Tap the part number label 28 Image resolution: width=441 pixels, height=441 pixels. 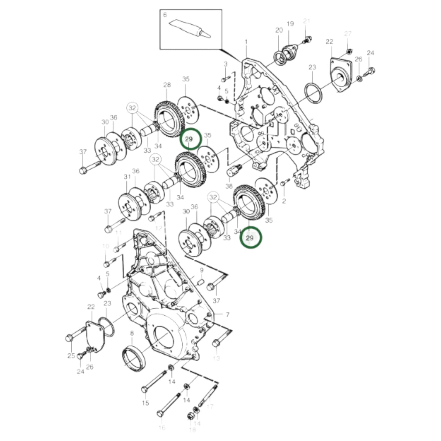[167, 85]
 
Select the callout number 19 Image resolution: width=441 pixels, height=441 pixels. [290, 23]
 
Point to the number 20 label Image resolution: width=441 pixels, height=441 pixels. [279, 30]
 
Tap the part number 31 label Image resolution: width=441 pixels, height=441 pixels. [127, 177]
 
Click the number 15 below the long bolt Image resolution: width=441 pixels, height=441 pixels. [145, 403]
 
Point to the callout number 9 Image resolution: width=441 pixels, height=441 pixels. [201, 270]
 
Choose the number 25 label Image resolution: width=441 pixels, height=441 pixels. [71, 356]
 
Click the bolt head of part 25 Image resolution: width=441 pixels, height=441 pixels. [69, 338]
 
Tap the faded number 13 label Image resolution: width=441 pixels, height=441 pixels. [216, 358]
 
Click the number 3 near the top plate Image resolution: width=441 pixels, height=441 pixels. [226, 64]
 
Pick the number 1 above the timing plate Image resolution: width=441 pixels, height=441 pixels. [246, 42]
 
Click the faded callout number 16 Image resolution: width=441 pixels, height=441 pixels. [162, 428]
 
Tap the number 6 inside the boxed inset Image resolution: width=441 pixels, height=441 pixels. [165, 15]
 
